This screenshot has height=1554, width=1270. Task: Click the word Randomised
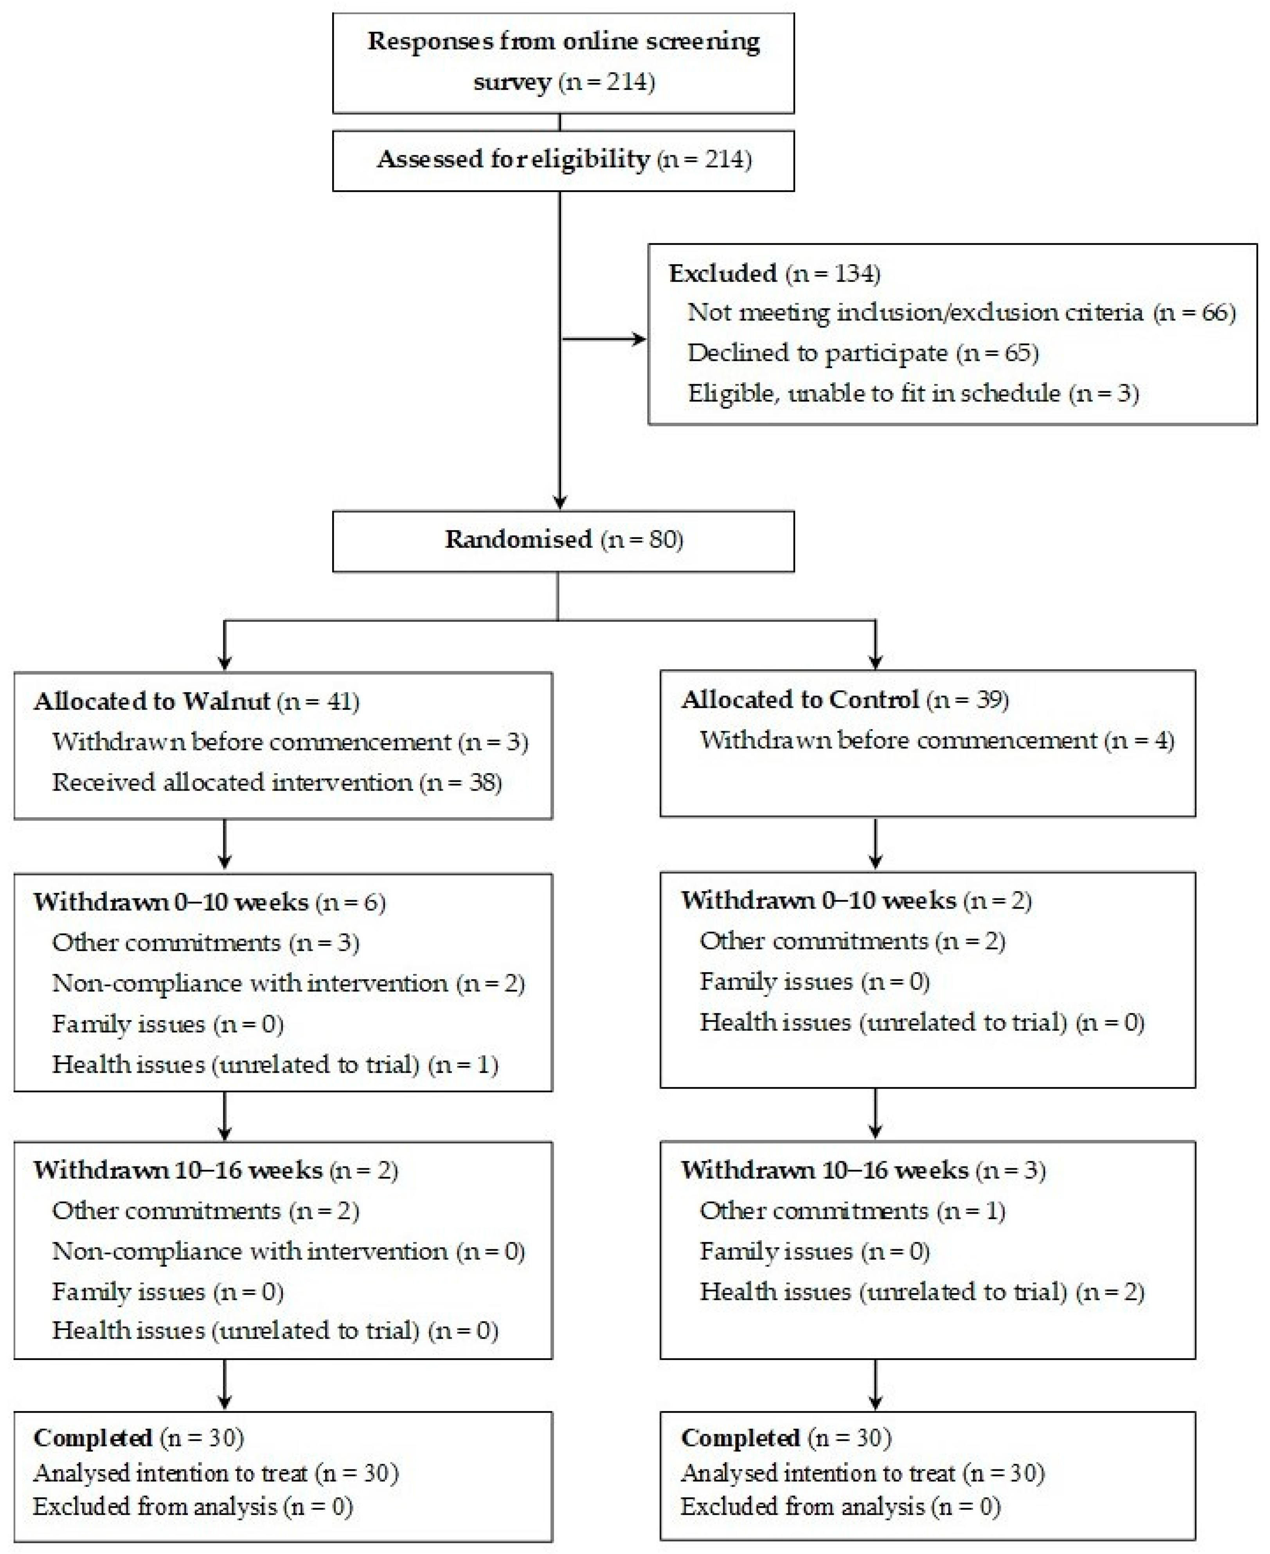point(518,540)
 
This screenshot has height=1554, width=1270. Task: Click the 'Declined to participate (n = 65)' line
point(863,353)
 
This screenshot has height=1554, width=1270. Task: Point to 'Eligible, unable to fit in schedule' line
point(912,394)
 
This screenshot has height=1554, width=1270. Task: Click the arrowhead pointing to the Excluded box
point(639,339)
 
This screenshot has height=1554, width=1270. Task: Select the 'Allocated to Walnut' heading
point(152,702)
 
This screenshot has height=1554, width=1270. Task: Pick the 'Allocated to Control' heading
point(800,699)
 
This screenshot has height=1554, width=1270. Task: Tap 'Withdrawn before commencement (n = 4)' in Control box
point(936,740)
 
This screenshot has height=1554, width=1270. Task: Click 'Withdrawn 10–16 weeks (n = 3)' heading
point(863,1170)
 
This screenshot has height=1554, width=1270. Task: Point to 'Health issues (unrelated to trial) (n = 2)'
point(922,1292)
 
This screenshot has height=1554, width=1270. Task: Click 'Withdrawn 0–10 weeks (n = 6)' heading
point(209,902)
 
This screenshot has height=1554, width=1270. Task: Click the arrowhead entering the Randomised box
point(559,502)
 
